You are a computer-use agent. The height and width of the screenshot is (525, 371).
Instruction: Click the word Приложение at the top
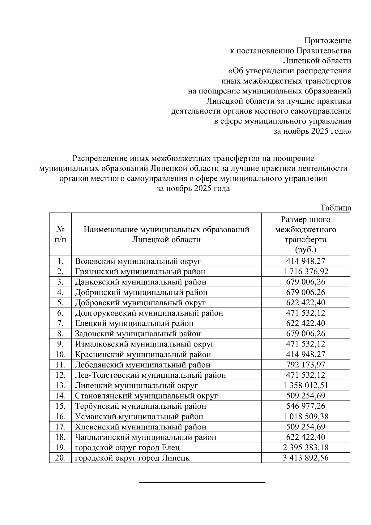[x=328, y=41]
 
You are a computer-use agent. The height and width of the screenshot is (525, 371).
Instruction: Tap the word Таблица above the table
[x=336, y=208]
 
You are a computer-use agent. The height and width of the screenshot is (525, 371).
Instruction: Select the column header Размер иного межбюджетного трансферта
[x=305, y=235]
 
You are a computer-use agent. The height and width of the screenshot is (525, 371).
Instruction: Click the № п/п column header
[x=60, y=235]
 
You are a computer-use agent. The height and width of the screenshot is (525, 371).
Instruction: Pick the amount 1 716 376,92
[x=305, y=272]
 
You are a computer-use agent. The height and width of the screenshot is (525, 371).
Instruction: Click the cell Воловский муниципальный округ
[x=138, y=261]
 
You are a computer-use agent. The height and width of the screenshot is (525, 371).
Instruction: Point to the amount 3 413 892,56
[x=305, y=458]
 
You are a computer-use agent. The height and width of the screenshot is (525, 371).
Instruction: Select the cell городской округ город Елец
[x=127, y=448]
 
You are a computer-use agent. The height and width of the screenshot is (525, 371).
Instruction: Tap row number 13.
[x=61, y=385]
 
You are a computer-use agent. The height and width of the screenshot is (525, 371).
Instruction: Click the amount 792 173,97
[x=305, y=365]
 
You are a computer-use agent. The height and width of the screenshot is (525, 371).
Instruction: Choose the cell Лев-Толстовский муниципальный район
[x=150, y=375]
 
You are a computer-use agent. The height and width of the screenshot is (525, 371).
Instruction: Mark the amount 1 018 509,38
[x=305, y=416]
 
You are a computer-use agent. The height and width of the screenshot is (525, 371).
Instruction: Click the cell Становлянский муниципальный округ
[x=146, y=396]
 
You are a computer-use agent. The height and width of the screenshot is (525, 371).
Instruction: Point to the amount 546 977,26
[x=305, y=406]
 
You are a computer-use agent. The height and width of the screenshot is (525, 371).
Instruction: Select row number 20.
[x=61, y=458]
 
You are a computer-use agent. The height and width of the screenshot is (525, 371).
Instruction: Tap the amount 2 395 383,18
[x=305, y=448]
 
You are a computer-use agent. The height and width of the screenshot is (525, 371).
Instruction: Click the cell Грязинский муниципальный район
[x=140, y=272]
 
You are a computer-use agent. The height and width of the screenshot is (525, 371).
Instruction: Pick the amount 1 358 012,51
[x=305, y=385]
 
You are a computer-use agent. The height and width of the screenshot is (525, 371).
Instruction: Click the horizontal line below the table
[x=202, y=482]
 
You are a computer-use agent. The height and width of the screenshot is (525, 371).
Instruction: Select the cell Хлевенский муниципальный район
[x=140, y=427]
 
